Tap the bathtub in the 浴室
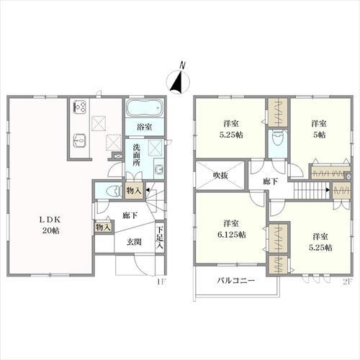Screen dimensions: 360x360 [145, 108]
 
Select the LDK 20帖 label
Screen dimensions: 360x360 [51, 225]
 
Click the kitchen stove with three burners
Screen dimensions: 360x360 [80, 107]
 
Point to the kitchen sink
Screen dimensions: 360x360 [80, 140]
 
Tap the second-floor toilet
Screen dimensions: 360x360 [278, 138]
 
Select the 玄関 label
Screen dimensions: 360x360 [134, 242]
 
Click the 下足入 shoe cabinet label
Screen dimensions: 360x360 [160, 238]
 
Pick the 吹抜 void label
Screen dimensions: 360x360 [220, 176]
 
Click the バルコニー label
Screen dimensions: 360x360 [235, 280]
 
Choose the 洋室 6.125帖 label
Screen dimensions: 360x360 [231, 229]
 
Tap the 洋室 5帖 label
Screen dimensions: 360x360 [319, 130]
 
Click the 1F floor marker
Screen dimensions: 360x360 [161, 282]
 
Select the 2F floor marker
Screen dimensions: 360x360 [347, 282]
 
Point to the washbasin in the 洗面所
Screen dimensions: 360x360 [158, 170]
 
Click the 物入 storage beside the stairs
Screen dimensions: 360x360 [134, 191]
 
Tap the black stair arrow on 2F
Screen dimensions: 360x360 [328, 190]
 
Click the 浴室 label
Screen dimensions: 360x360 [145, 127]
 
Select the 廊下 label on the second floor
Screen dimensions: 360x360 [270, 181]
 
